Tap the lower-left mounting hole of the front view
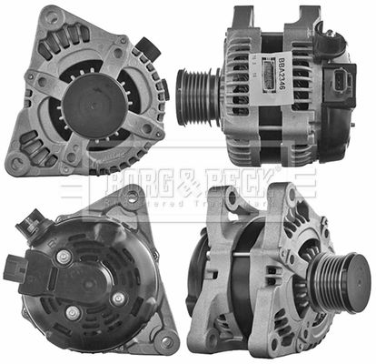[15, 164]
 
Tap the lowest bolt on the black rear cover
[74, 312]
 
